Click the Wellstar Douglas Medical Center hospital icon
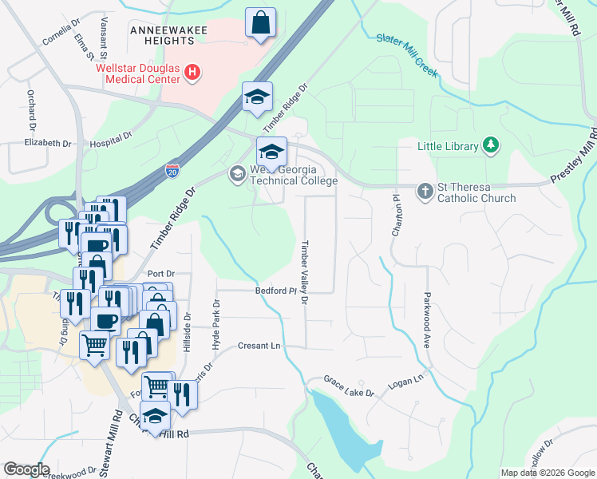tap(192, 73)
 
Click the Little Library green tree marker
tap(492, 145)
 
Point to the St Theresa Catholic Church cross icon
tap(425, 191)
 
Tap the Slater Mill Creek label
tap(407, 55)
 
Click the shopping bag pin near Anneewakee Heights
tap(260, 23)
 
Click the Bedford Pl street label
tap(276, 291)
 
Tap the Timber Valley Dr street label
tap(304, 272)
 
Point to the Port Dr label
tap(160, 273)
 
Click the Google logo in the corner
tap(26, 469)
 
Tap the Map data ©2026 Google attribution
tap(548, 473)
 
